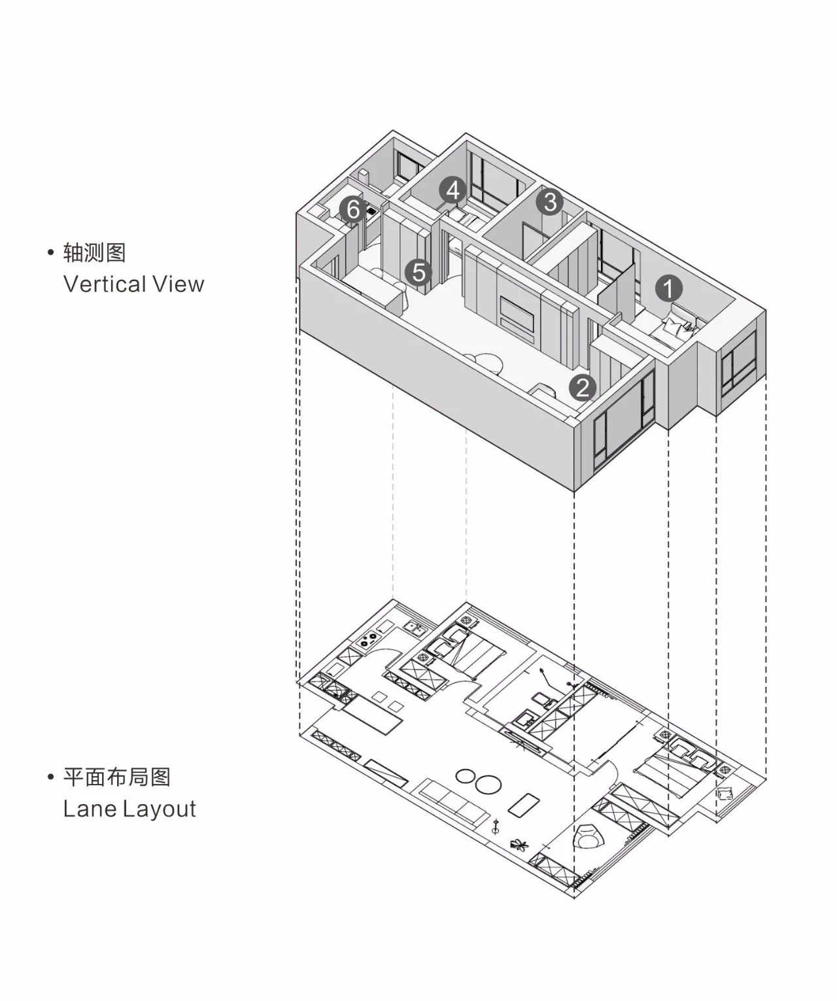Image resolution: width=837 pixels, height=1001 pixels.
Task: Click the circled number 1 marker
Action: tap(668, 288)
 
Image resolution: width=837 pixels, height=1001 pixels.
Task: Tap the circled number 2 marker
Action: tap(582, 388)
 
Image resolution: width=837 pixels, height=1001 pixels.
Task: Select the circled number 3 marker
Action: tap(550, 202)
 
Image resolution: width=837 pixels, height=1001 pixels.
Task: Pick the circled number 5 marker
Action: tap(418, 272)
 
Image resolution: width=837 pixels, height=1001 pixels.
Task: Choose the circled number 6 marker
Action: tap(353, 210)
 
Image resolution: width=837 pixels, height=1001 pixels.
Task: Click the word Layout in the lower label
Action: tap(160, 809)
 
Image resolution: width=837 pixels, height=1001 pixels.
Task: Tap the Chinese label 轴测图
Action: tap(94, 252)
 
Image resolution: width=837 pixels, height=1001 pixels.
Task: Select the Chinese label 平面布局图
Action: tap(117, 777)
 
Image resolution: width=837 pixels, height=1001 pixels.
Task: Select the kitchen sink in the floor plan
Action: tap(413, 629)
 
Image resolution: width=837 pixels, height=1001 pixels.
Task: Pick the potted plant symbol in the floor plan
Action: tap(519, 845)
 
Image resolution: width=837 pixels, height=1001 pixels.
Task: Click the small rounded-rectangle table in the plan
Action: tap(523, 807)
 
